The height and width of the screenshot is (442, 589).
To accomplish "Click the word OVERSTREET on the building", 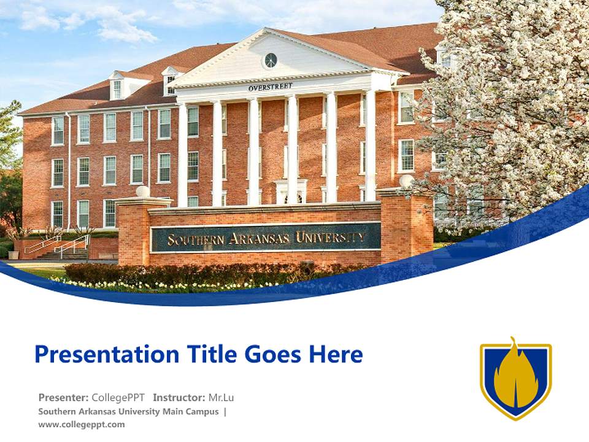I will pos(271,87).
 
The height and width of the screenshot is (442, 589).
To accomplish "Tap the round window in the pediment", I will pos(270,60).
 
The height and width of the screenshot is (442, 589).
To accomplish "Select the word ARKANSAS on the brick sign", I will pos(260,238).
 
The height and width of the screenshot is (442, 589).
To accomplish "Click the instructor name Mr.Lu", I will pos(221,397).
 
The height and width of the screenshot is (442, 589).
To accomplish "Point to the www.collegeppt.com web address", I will pos(82,424).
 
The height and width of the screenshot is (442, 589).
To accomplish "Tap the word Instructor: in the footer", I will pos(179,397).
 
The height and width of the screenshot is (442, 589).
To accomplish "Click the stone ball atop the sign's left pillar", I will pos(142,192).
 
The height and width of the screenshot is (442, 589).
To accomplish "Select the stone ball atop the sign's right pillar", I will pos(406,181).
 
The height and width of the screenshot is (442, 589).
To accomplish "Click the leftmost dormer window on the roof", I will pos(117,89).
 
